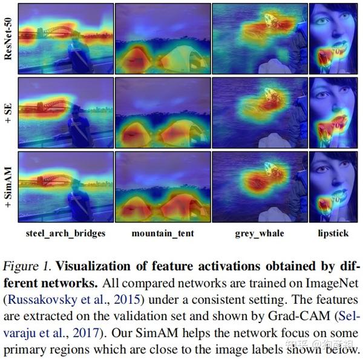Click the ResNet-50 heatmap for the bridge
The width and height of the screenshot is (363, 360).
click(x=66, y=38)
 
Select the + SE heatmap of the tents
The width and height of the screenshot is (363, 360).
click(x=162, y=113)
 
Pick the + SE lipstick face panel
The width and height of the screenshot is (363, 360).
click(x=333, y=113)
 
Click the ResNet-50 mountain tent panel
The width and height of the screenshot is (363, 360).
click(x=162, y=38)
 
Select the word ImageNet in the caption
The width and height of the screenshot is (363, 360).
click(x=333, y=283)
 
